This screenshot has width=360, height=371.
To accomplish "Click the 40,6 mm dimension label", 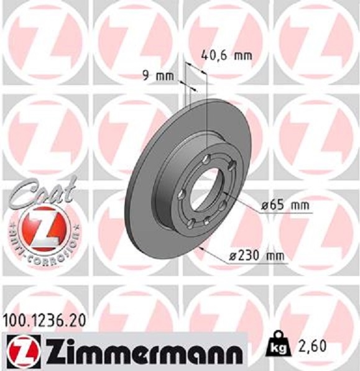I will tap(227, 55).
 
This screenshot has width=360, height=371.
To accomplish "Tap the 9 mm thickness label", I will tap(157, 76).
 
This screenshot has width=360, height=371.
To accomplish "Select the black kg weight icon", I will tap(277, 344).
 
